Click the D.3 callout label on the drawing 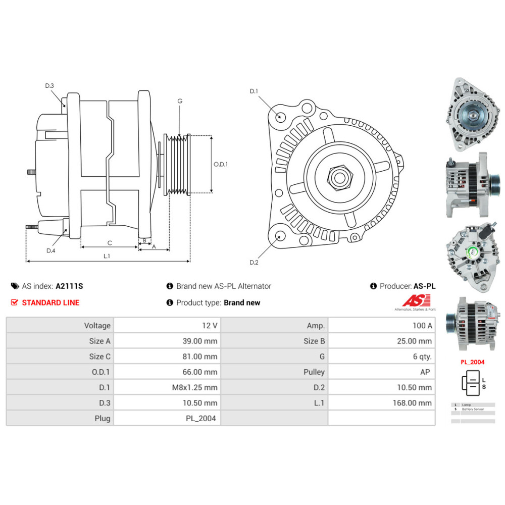[49, 86]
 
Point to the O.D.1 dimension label [221, 164]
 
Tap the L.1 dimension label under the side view [107, 256]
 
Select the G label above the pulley [179, 101]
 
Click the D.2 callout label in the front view [254, 262]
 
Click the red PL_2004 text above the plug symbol [472, 362]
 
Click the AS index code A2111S [69, 286]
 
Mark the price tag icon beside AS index [15, 286]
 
